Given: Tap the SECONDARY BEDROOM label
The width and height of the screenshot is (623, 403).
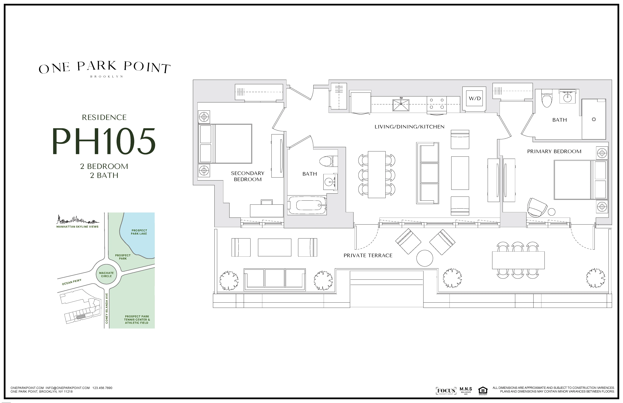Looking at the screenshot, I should coord(248,176).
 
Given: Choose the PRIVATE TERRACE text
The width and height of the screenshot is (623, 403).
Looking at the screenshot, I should coord(368,255).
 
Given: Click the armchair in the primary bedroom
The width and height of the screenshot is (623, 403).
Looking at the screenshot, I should coord(537,207).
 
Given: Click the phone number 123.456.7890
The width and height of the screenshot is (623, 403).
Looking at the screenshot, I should coord(102,388).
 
